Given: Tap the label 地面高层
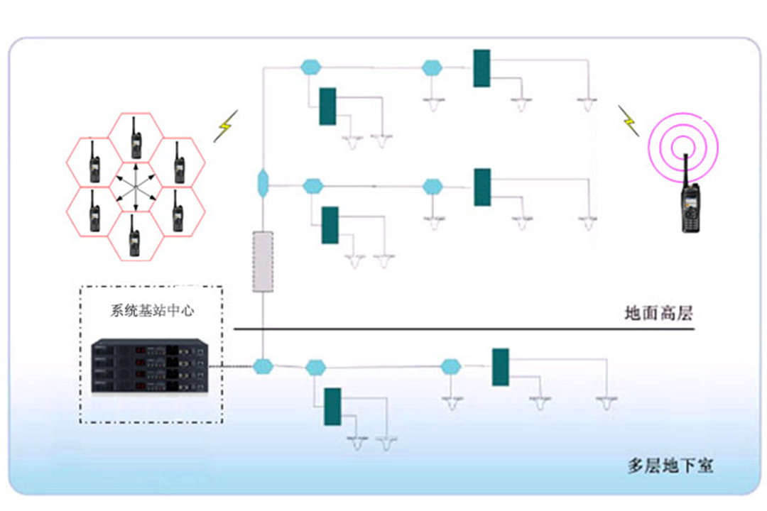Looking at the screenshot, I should (658, 313).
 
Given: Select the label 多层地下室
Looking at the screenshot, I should (670, 466).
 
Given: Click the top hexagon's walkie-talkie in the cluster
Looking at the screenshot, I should (135, 141).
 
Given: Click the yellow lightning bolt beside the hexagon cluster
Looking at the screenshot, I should (225, 126).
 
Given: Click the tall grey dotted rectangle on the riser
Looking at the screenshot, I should (263, 261).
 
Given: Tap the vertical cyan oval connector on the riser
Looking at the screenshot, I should (263, 182).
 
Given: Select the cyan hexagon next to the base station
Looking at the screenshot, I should (263, 366).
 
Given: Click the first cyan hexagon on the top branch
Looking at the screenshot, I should (310, 67).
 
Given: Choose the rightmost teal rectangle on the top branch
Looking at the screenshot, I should (482, 68).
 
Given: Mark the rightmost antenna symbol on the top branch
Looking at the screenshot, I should (587, 103).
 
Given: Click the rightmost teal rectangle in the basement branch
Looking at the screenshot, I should (501, 367).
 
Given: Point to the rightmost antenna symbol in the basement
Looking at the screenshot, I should (605, 403).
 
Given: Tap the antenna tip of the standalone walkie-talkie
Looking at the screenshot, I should (685, 155).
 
